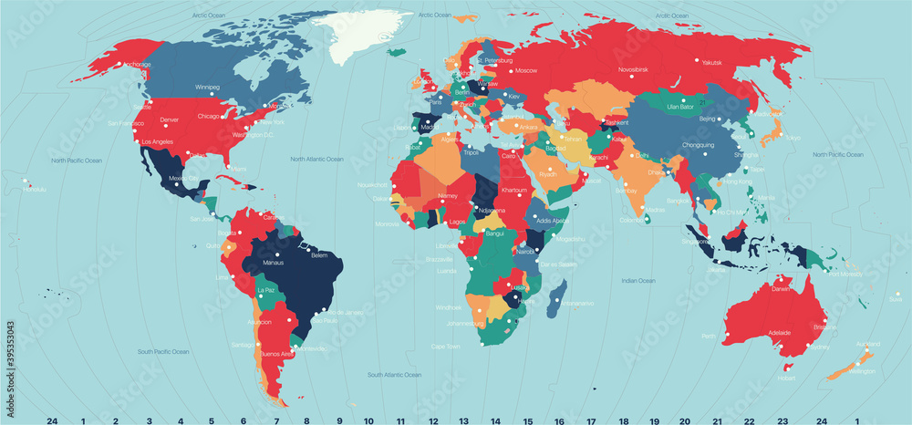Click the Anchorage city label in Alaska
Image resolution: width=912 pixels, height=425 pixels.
point(137,65)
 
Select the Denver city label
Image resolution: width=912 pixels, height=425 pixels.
point(170,119)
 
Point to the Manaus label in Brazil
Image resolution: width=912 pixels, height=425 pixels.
point(274,263)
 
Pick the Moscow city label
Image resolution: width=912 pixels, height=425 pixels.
point(526,70)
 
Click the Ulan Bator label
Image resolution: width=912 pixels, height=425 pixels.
point(681,107)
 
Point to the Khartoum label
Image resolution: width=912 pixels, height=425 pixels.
point(515,190)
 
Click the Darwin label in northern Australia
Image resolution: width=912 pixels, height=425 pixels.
point(781,288)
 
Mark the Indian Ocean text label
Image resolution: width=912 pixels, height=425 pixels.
point(638,280)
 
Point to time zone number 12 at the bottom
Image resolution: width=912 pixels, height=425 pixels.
point(433,420)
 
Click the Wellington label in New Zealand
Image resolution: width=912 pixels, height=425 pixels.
point(862,371)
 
